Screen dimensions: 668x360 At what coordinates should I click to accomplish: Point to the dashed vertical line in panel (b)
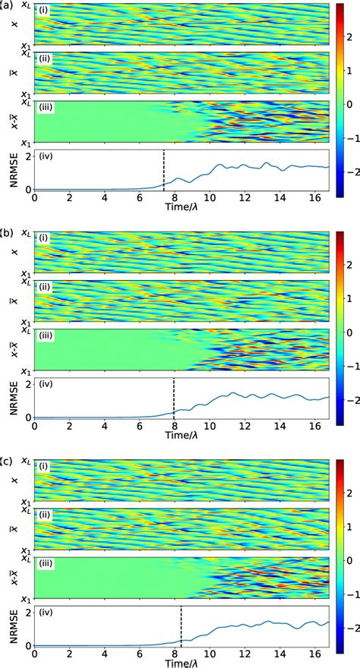174,398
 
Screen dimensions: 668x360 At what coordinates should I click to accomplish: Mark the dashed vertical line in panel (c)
181,626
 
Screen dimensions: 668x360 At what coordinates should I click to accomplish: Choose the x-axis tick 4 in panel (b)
105,427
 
